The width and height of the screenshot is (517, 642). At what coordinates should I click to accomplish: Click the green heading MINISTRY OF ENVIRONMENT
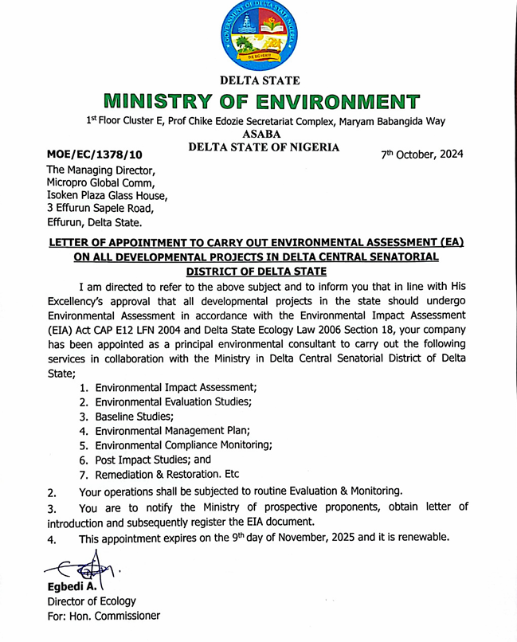260,102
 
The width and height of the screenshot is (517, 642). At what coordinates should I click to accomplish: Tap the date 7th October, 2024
421,152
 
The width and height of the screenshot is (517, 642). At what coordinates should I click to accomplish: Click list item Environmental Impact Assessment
176,387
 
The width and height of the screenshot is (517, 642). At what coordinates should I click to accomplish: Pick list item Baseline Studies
134,417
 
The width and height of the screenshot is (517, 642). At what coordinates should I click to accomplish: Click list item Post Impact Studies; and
153,460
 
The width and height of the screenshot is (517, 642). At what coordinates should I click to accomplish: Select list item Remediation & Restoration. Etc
172,475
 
